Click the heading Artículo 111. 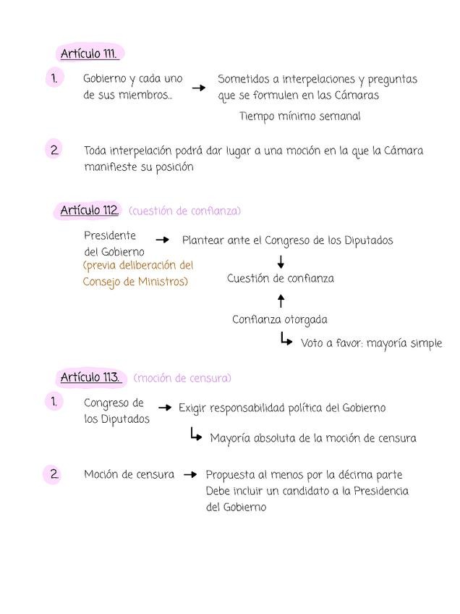[89, 54]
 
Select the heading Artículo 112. [89, 211]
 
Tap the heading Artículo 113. [90, 377]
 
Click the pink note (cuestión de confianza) [184, 211]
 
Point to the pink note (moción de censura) [182, 378]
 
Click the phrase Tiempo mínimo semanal [299, 116]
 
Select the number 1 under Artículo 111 [54, 77]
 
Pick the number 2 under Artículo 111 [54, 151]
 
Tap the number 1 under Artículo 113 [54, 401]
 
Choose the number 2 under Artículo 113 [54, 474]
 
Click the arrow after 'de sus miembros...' [198, 88]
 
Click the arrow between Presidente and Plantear [163, 240]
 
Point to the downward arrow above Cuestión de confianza [281, 261]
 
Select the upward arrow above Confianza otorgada [281, 300]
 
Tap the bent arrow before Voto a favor [286, 339]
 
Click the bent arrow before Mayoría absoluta [195, 434]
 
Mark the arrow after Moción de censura [190, 475]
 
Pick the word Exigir [192, 408]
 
